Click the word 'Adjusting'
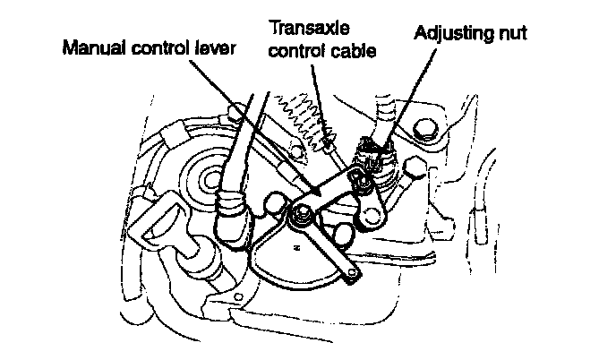456,35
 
